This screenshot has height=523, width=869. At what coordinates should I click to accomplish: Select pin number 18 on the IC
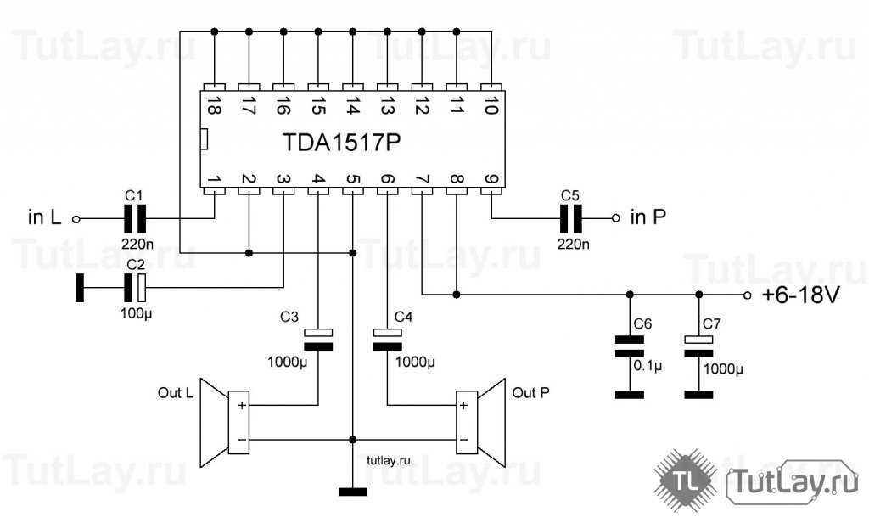pyautogui.click(x=214, y=105)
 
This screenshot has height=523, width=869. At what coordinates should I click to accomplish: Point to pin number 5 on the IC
pyautogui.click(x=352, y=179)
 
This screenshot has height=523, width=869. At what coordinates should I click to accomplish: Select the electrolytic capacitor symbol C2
pyautogui.click(x=136, y=288)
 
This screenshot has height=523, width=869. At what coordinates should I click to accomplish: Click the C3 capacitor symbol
pyautogui.click(x=318, y=338)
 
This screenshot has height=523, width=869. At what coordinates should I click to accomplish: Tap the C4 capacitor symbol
pyautogui.click(x=387, y=338)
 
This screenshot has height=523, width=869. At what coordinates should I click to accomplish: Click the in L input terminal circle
pyautogui.click(x=76, y=219)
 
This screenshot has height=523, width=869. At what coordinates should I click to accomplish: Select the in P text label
pyautogui.click(x=648, y=218)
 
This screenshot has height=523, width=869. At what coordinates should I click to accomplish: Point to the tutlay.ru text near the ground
pyautogui.click(x=389, y=459)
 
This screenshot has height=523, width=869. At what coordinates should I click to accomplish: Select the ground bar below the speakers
pyautogui.click(x=352, y=492)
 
